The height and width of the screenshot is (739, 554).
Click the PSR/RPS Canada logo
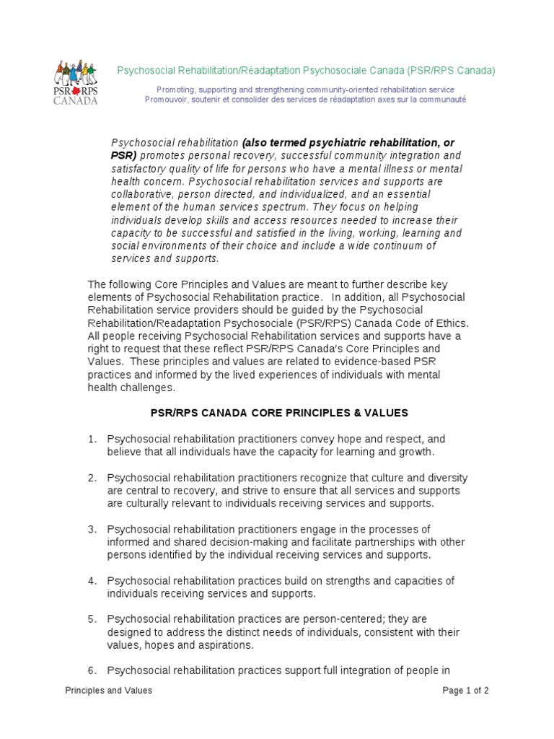76,82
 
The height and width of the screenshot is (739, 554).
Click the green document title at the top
307,71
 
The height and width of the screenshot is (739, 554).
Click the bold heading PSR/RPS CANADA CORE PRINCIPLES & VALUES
279,413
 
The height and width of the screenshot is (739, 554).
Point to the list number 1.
92,439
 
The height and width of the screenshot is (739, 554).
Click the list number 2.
92,478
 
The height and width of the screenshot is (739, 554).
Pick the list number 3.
92,530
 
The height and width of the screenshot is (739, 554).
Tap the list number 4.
92,581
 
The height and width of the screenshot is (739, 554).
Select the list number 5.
92,619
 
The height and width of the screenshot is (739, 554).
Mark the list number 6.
92,671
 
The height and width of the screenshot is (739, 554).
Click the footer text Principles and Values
108,691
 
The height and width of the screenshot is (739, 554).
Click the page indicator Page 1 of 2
466,691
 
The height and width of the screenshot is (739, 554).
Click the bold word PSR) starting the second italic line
123,155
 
